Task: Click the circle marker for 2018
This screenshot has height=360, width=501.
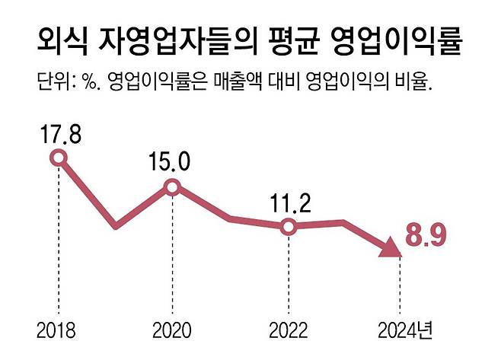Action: click(59, 158)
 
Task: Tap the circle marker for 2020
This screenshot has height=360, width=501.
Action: click(172, 187)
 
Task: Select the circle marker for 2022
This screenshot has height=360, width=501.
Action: click(288, 227)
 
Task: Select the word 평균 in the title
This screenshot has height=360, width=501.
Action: click(291, 40)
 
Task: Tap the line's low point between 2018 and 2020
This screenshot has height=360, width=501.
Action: click(116, 226)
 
